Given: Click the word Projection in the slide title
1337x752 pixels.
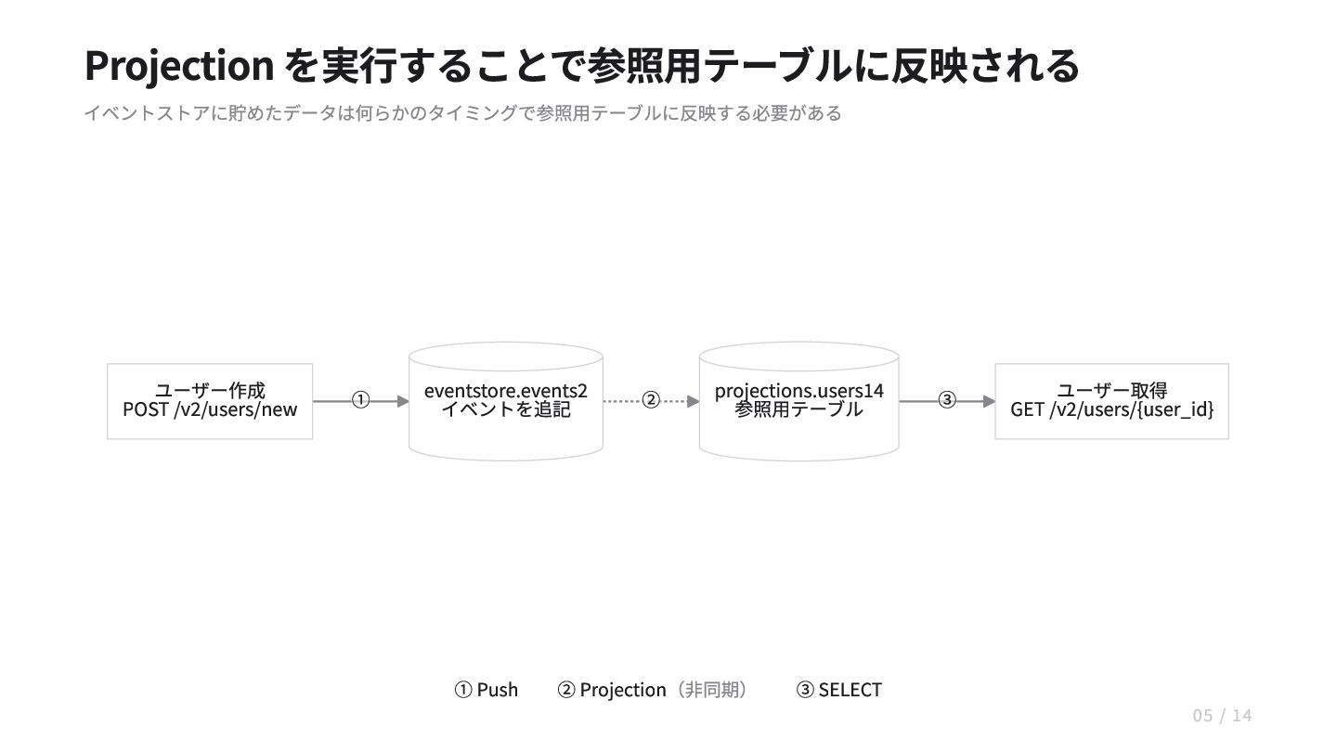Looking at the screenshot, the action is [179, 66].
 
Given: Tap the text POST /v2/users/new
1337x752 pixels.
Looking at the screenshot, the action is [210, 410].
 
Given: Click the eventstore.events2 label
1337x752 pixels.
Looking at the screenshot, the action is [505, 391].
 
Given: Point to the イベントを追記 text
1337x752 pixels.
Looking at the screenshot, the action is [505, 410].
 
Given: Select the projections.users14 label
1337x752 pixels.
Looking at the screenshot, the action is [798, 391].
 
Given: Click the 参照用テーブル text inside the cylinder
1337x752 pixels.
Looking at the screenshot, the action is [798, 410].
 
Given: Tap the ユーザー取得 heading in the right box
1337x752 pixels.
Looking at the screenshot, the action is [1112, 391].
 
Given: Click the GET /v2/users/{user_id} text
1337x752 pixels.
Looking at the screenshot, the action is [1112, 410].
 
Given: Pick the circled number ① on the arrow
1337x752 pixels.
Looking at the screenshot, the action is [360, 400].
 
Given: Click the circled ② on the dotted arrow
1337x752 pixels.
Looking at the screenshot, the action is [651, 400].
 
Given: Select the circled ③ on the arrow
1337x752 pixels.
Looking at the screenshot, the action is [947, 400].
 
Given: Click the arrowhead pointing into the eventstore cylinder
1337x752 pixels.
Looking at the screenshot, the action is [403, 402].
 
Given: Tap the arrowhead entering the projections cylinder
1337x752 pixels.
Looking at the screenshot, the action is [693, 402].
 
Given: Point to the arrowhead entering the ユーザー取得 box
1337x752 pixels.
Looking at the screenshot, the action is [989, 402].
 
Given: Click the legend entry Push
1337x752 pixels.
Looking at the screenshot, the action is [498, 690].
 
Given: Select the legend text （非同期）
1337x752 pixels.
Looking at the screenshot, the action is [710, 690].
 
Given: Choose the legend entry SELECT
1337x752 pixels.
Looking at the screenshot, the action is [850, 690].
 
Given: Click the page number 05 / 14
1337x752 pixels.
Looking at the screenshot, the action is [1223, 716].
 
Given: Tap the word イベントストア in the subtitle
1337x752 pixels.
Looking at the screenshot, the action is [147, 113].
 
